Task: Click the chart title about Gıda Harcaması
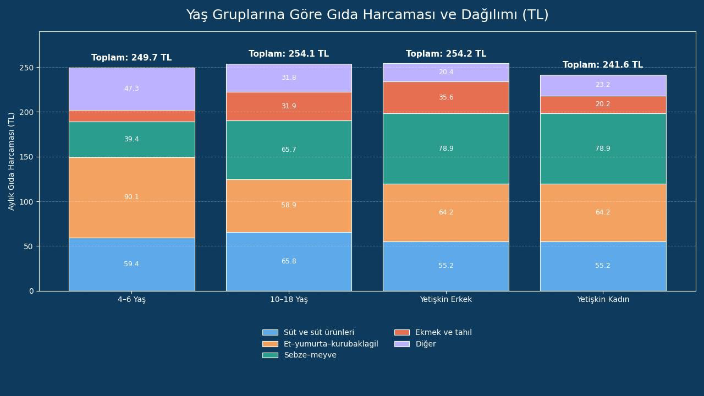tap(367, 15)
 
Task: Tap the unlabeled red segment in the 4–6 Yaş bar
tap(131, 116)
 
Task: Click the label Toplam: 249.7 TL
tap(131, 58)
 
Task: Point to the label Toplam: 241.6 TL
tap(603, 65)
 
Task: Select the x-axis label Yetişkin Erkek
tap(446, 300)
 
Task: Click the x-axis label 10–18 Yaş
tap(289, 300)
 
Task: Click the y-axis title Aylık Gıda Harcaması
tap(12, 161)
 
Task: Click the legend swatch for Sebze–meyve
tap(270, 355)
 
